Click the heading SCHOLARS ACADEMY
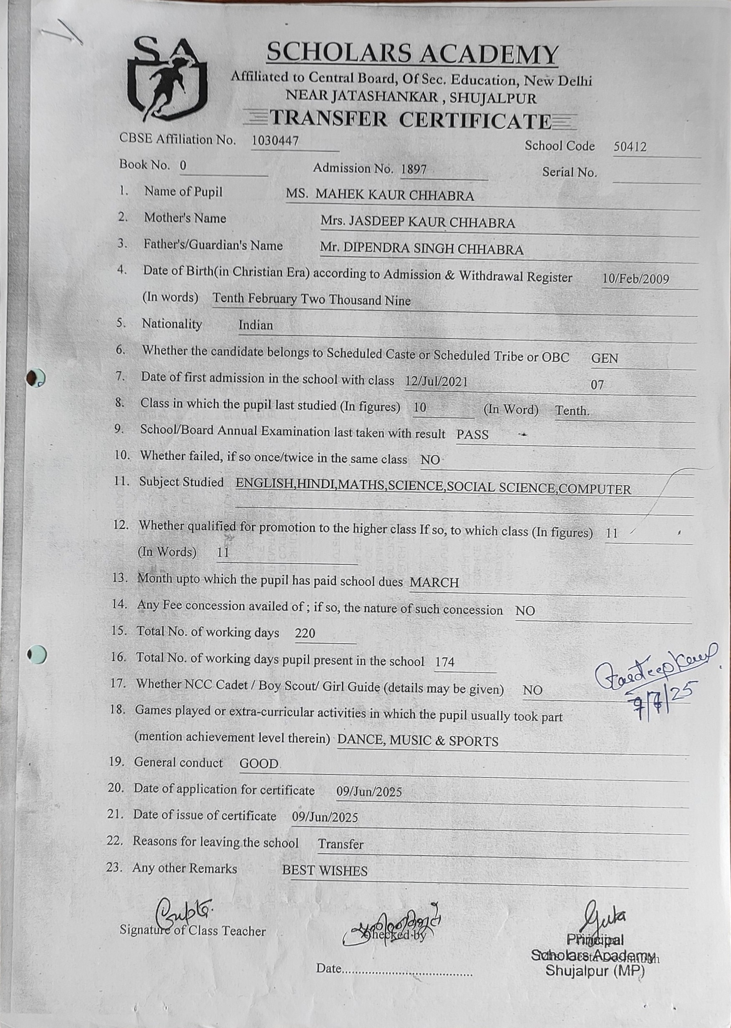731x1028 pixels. click(x=412, y=53)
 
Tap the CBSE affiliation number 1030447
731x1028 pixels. click(x=275, y=141)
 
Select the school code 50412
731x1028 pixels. click(x=630, y=147)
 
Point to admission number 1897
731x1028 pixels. click(x=413, y=170)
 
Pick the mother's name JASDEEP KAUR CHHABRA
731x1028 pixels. click(x=417, y=223)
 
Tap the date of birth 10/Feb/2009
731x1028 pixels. click(x=635, y=278)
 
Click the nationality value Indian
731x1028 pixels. click(x=255, y=325)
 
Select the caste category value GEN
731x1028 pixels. click(x=605, y=359)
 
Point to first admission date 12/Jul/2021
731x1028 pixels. click(x=436, y=382)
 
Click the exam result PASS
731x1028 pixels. click(x=472, y=434)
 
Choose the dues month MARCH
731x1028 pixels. click(x=434, y=582)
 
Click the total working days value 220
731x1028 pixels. click(x=305, y=633)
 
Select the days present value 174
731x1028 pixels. click(x=445, y=662)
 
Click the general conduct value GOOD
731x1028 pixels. click(x=259, y=764)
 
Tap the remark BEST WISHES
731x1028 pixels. click(x=325, y=870)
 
